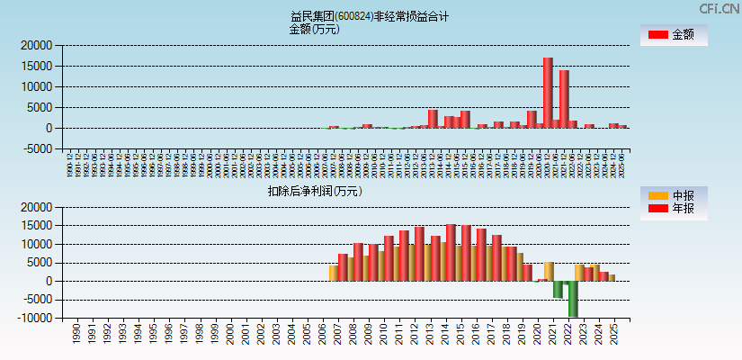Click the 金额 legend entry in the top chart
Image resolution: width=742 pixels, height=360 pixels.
pos(673,35)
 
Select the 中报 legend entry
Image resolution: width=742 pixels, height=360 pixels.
pos(673,195)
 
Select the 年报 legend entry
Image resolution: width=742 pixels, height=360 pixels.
pos(673,209)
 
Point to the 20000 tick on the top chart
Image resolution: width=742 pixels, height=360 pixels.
pos(37,45)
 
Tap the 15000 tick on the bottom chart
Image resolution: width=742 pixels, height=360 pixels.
pos(37,226)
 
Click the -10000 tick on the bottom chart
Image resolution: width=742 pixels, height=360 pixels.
pos(35,319)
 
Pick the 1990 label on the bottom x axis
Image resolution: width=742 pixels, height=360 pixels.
pos(76,334)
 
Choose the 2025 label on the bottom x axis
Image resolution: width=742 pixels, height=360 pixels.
pos(614,334)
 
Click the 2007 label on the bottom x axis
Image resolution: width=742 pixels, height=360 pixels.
pos(337,334)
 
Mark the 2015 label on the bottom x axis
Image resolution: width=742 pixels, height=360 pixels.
pos(460,334)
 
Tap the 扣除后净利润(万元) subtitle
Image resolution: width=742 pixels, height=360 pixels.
pos(314,191)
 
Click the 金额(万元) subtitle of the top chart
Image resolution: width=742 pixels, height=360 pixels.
pos(314,29)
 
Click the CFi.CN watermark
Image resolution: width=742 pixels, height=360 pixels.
pos(720,8)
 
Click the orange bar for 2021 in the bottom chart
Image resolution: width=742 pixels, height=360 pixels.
pos(549,271)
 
